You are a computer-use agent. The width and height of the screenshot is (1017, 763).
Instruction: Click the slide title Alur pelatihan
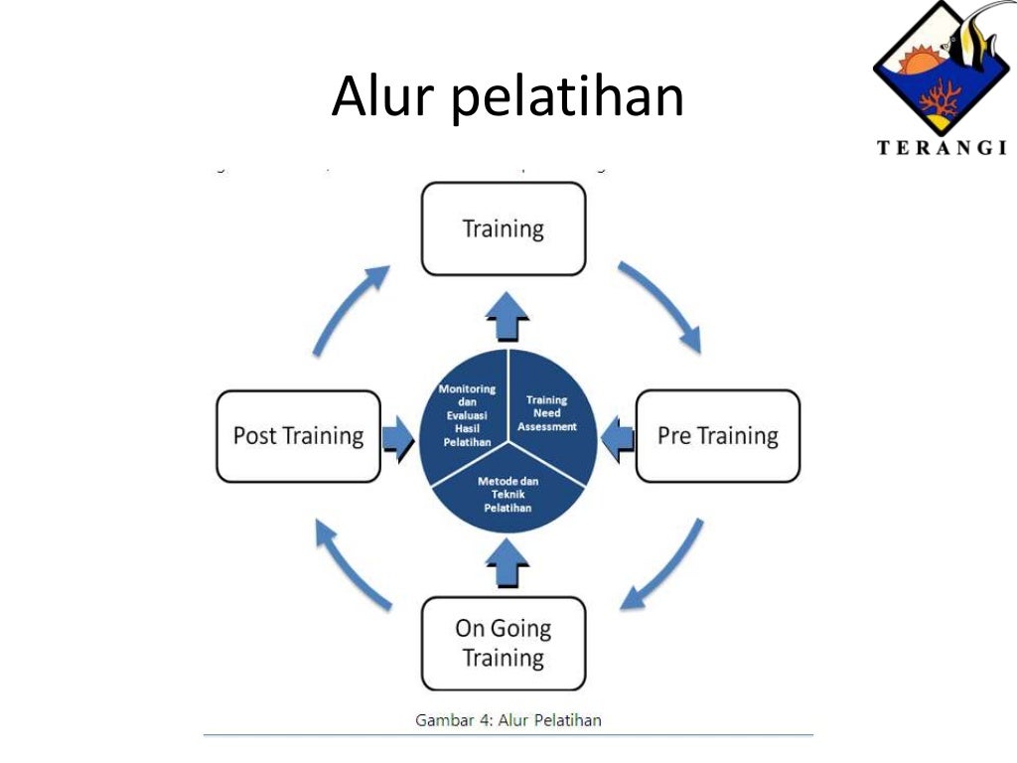508,97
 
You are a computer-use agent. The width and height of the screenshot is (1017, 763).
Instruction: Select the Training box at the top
504,229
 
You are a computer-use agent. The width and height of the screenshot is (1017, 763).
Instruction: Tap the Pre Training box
717,435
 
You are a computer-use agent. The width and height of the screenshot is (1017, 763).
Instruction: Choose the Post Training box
298,435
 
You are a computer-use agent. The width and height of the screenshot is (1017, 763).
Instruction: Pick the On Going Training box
504,643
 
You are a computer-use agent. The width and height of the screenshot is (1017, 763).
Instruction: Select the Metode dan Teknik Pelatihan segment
508,493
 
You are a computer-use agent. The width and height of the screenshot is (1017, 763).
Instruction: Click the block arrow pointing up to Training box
508,321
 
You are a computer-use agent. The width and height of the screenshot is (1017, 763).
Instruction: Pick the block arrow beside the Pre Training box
619,437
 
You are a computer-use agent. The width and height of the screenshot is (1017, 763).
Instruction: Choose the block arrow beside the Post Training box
397,437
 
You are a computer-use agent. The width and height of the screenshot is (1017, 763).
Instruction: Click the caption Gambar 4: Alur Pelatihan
508,719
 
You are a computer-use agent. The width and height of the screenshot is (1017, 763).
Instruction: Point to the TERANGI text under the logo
942,149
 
